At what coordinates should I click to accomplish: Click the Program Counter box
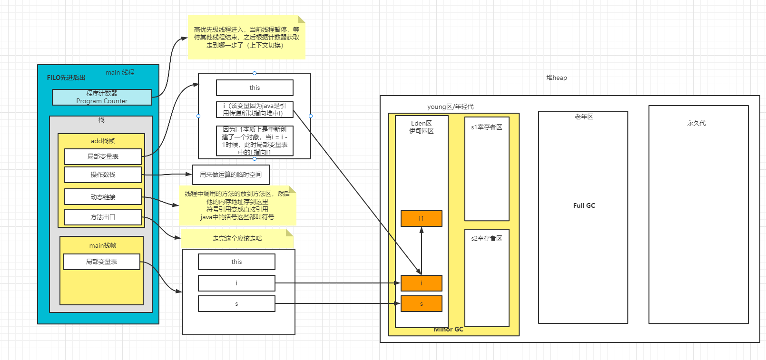(102, 97)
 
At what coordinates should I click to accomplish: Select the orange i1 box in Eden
(421, 218)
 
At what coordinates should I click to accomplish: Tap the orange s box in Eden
(421, 304)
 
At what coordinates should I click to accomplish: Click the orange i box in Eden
(421, 283)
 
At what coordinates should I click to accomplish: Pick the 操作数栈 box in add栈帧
(103, 175)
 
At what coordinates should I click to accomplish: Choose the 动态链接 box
(103, 197)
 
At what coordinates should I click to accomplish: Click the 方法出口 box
(103, 217)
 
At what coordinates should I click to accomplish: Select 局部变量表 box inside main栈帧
(101, 262)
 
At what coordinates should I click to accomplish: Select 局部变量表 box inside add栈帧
(103, 156)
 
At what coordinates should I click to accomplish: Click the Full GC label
(584, 205)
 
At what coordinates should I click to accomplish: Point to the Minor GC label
(448, 329)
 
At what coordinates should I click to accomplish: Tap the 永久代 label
(696, 123)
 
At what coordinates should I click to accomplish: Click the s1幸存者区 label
(486, 127)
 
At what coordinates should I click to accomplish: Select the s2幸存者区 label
(486, 238)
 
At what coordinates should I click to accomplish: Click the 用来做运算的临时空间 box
(231, 175)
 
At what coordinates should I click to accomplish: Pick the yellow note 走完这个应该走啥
(237, 238)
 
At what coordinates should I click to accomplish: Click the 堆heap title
(556, 78)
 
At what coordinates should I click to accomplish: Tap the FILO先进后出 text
(66, 78)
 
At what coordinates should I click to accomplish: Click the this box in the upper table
(255, 88)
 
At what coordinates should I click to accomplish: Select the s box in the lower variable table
(236, 304)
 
